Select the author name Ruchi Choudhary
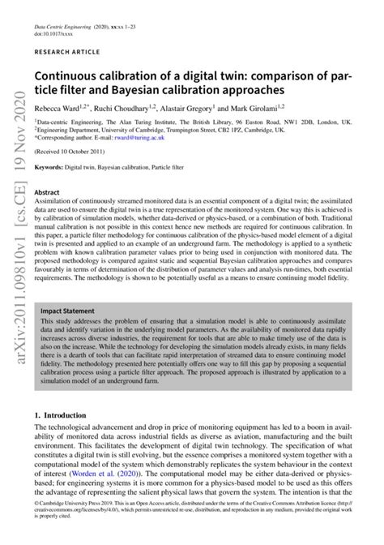123,106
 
